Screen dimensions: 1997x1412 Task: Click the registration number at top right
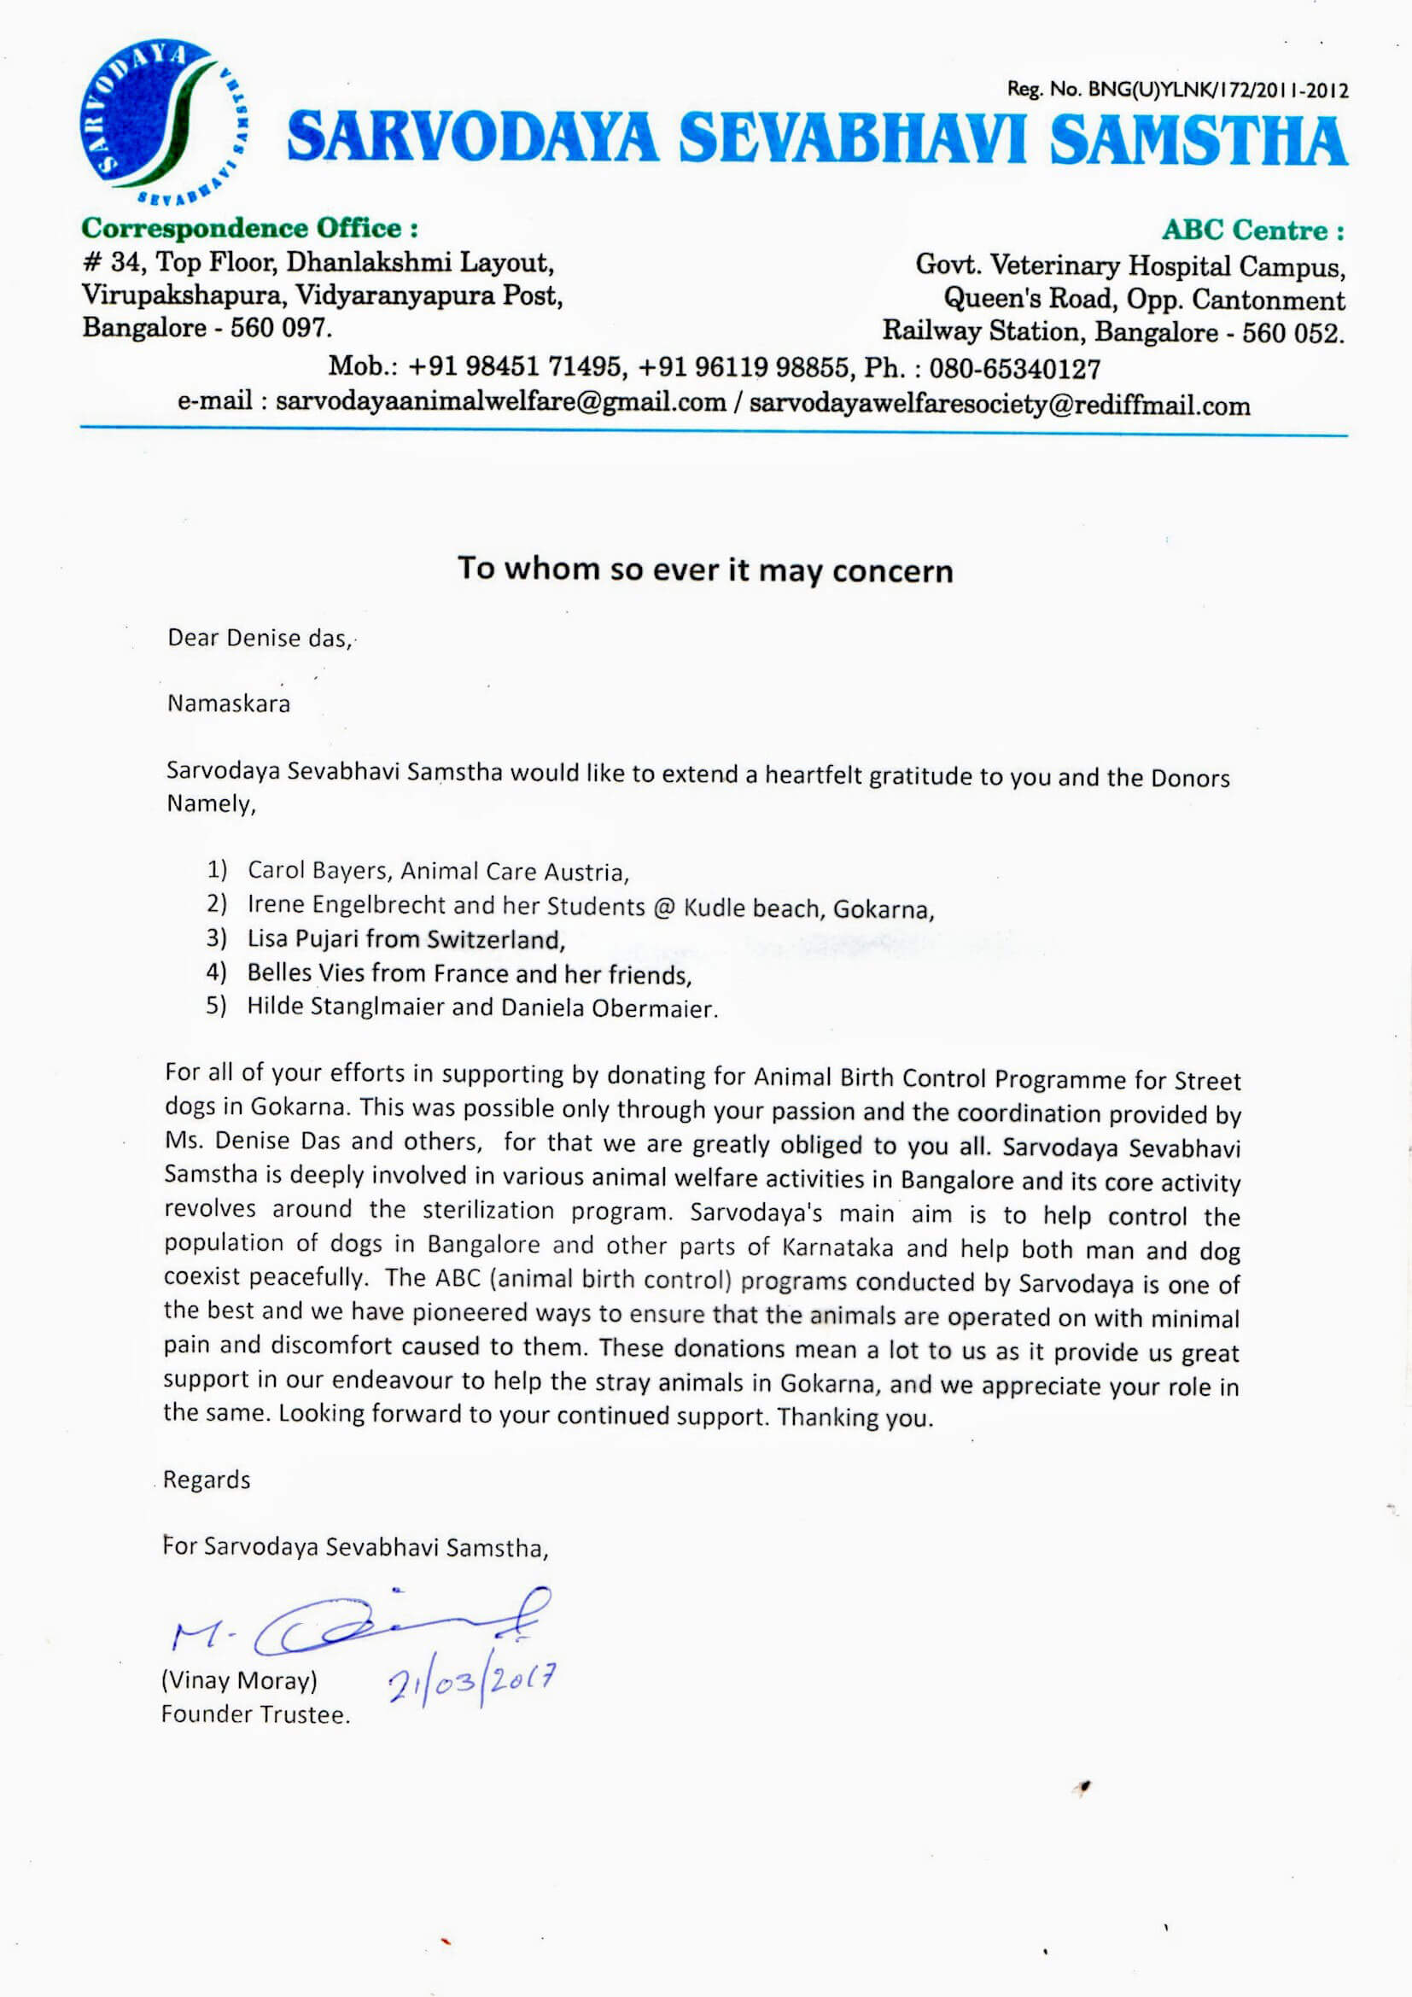coord(1177,90)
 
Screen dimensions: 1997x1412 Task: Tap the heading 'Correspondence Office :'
coord(249,229)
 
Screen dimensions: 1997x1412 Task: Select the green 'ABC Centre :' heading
coord(1253,231)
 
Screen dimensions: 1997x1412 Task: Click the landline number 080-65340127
coord(1015,369)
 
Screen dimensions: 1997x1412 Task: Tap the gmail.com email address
coord(500,402)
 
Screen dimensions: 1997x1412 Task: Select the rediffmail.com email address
coord(999,406)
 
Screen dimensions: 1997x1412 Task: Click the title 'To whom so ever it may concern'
coord(705,569)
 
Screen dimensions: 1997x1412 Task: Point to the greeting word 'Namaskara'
coord(229,703)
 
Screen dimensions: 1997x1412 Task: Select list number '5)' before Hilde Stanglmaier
coord(217,1006)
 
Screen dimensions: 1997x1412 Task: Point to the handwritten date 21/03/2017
coord(470,1683)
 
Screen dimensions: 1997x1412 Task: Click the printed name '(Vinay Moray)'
coord(239,1680)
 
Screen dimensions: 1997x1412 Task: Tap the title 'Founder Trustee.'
coord(254,1714)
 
